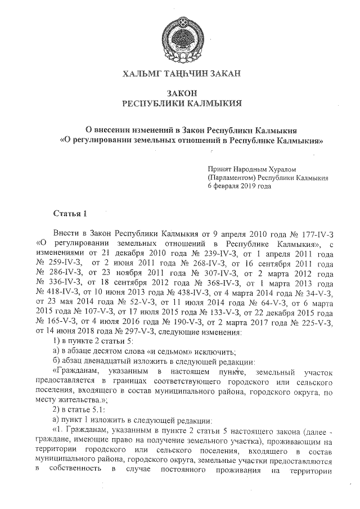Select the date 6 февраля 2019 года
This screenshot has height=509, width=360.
239,186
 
